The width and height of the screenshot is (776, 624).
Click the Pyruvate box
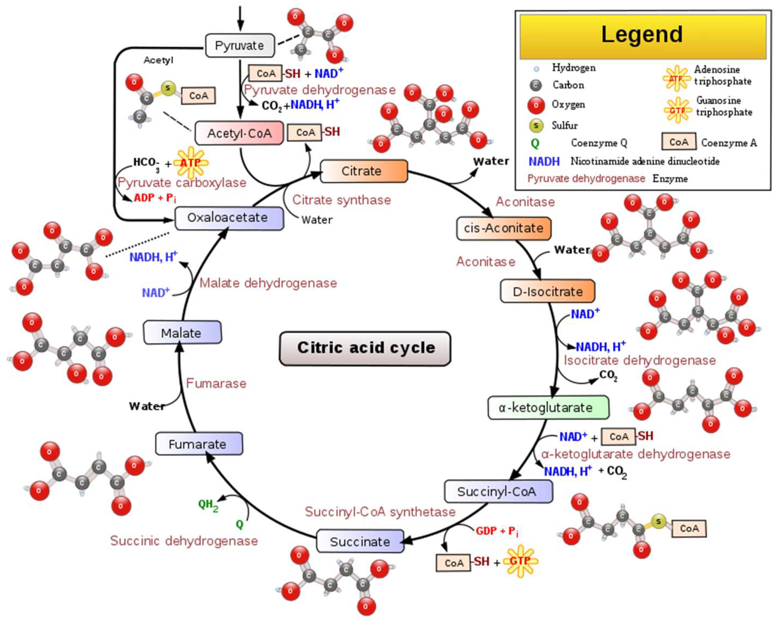240,45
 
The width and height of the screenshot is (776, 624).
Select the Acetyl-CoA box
239,133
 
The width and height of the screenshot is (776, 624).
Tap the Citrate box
364,171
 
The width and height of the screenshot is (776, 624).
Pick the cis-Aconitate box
503,228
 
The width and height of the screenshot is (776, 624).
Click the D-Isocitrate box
547,291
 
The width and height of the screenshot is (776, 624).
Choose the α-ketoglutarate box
548,408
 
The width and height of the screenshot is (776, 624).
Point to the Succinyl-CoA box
499,491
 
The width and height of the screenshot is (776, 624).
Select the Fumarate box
199,444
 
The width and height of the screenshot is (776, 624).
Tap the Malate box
182,332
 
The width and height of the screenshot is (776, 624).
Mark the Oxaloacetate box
229,218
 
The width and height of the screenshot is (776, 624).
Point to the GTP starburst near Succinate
520,561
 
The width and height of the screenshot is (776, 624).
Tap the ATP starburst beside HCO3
191,163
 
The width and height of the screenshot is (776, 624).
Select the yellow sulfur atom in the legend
536,125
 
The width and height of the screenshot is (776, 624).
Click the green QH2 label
208,505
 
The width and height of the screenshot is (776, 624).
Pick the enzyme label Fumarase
216,383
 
